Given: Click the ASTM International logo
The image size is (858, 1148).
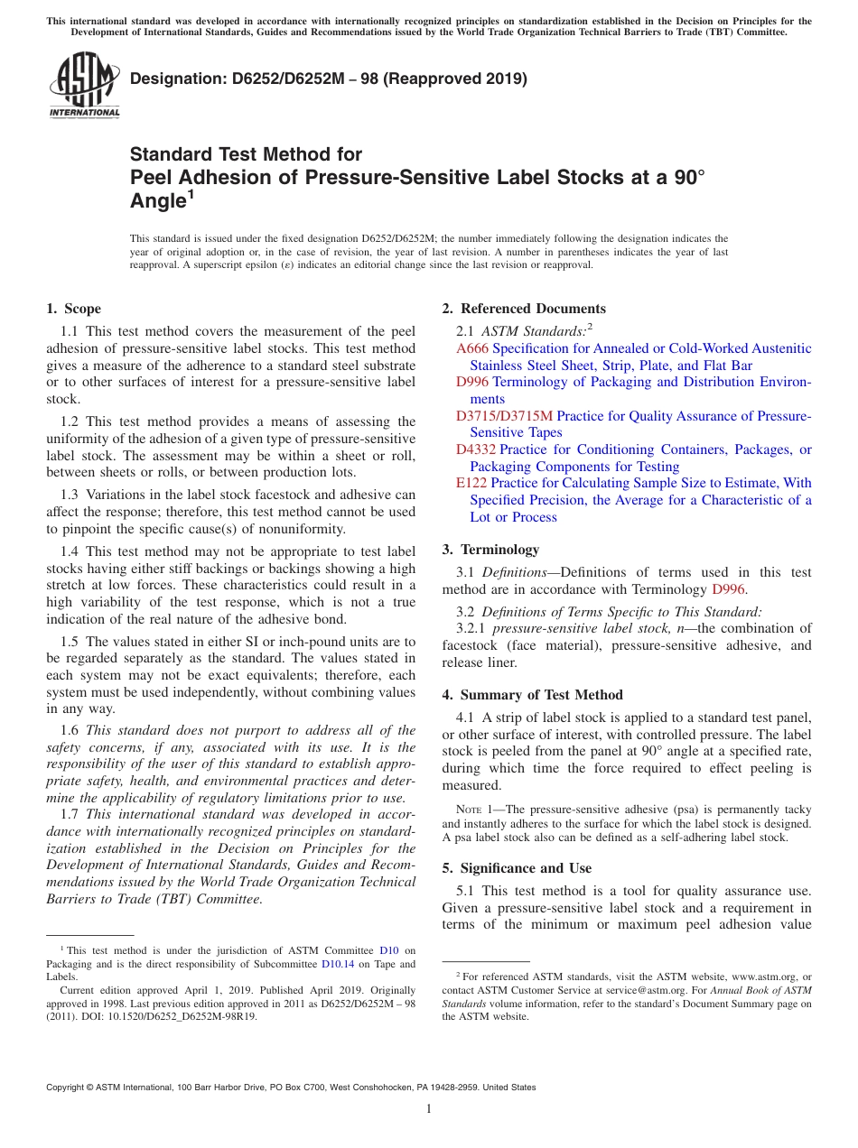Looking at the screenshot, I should tap(84, 85).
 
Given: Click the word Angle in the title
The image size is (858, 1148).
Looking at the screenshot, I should tap(158, 202).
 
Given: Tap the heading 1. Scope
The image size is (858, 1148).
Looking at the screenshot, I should tap(74, 309).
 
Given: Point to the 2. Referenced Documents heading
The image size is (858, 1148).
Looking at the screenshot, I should tap(524, 309).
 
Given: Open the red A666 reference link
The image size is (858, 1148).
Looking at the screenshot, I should tap(473, 348).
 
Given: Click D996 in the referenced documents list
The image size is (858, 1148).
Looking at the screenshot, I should tap(472, 382).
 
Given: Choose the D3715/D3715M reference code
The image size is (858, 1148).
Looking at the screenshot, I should tap(504, 416).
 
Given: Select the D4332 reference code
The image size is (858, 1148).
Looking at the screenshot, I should tap(476, 449).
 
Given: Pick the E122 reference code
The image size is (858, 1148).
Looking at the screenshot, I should tap(471, 483).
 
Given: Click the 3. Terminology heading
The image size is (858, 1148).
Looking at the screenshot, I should tap(490, 550).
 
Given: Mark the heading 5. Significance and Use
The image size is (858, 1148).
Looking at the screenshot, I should tap(517, 868).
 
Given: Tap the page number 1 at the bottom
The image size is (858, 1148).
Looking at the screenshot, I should tap(429, 1109).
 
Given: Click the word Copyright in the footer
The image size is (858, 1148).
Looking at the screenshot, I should tap(66, 1088).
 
